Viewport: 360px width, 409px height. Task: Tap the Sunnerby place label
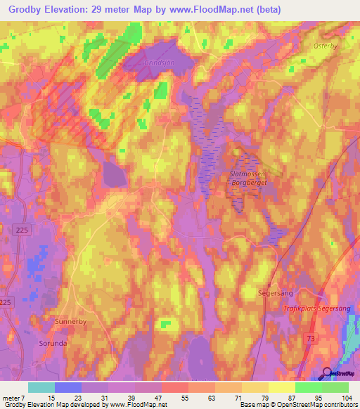[x=70, y=320]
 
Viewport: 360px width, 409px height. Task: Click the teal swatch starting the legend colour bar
[x=41, y=387]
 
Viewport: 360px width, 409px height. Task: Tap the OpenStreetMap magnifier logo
[x=328, y=372]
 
